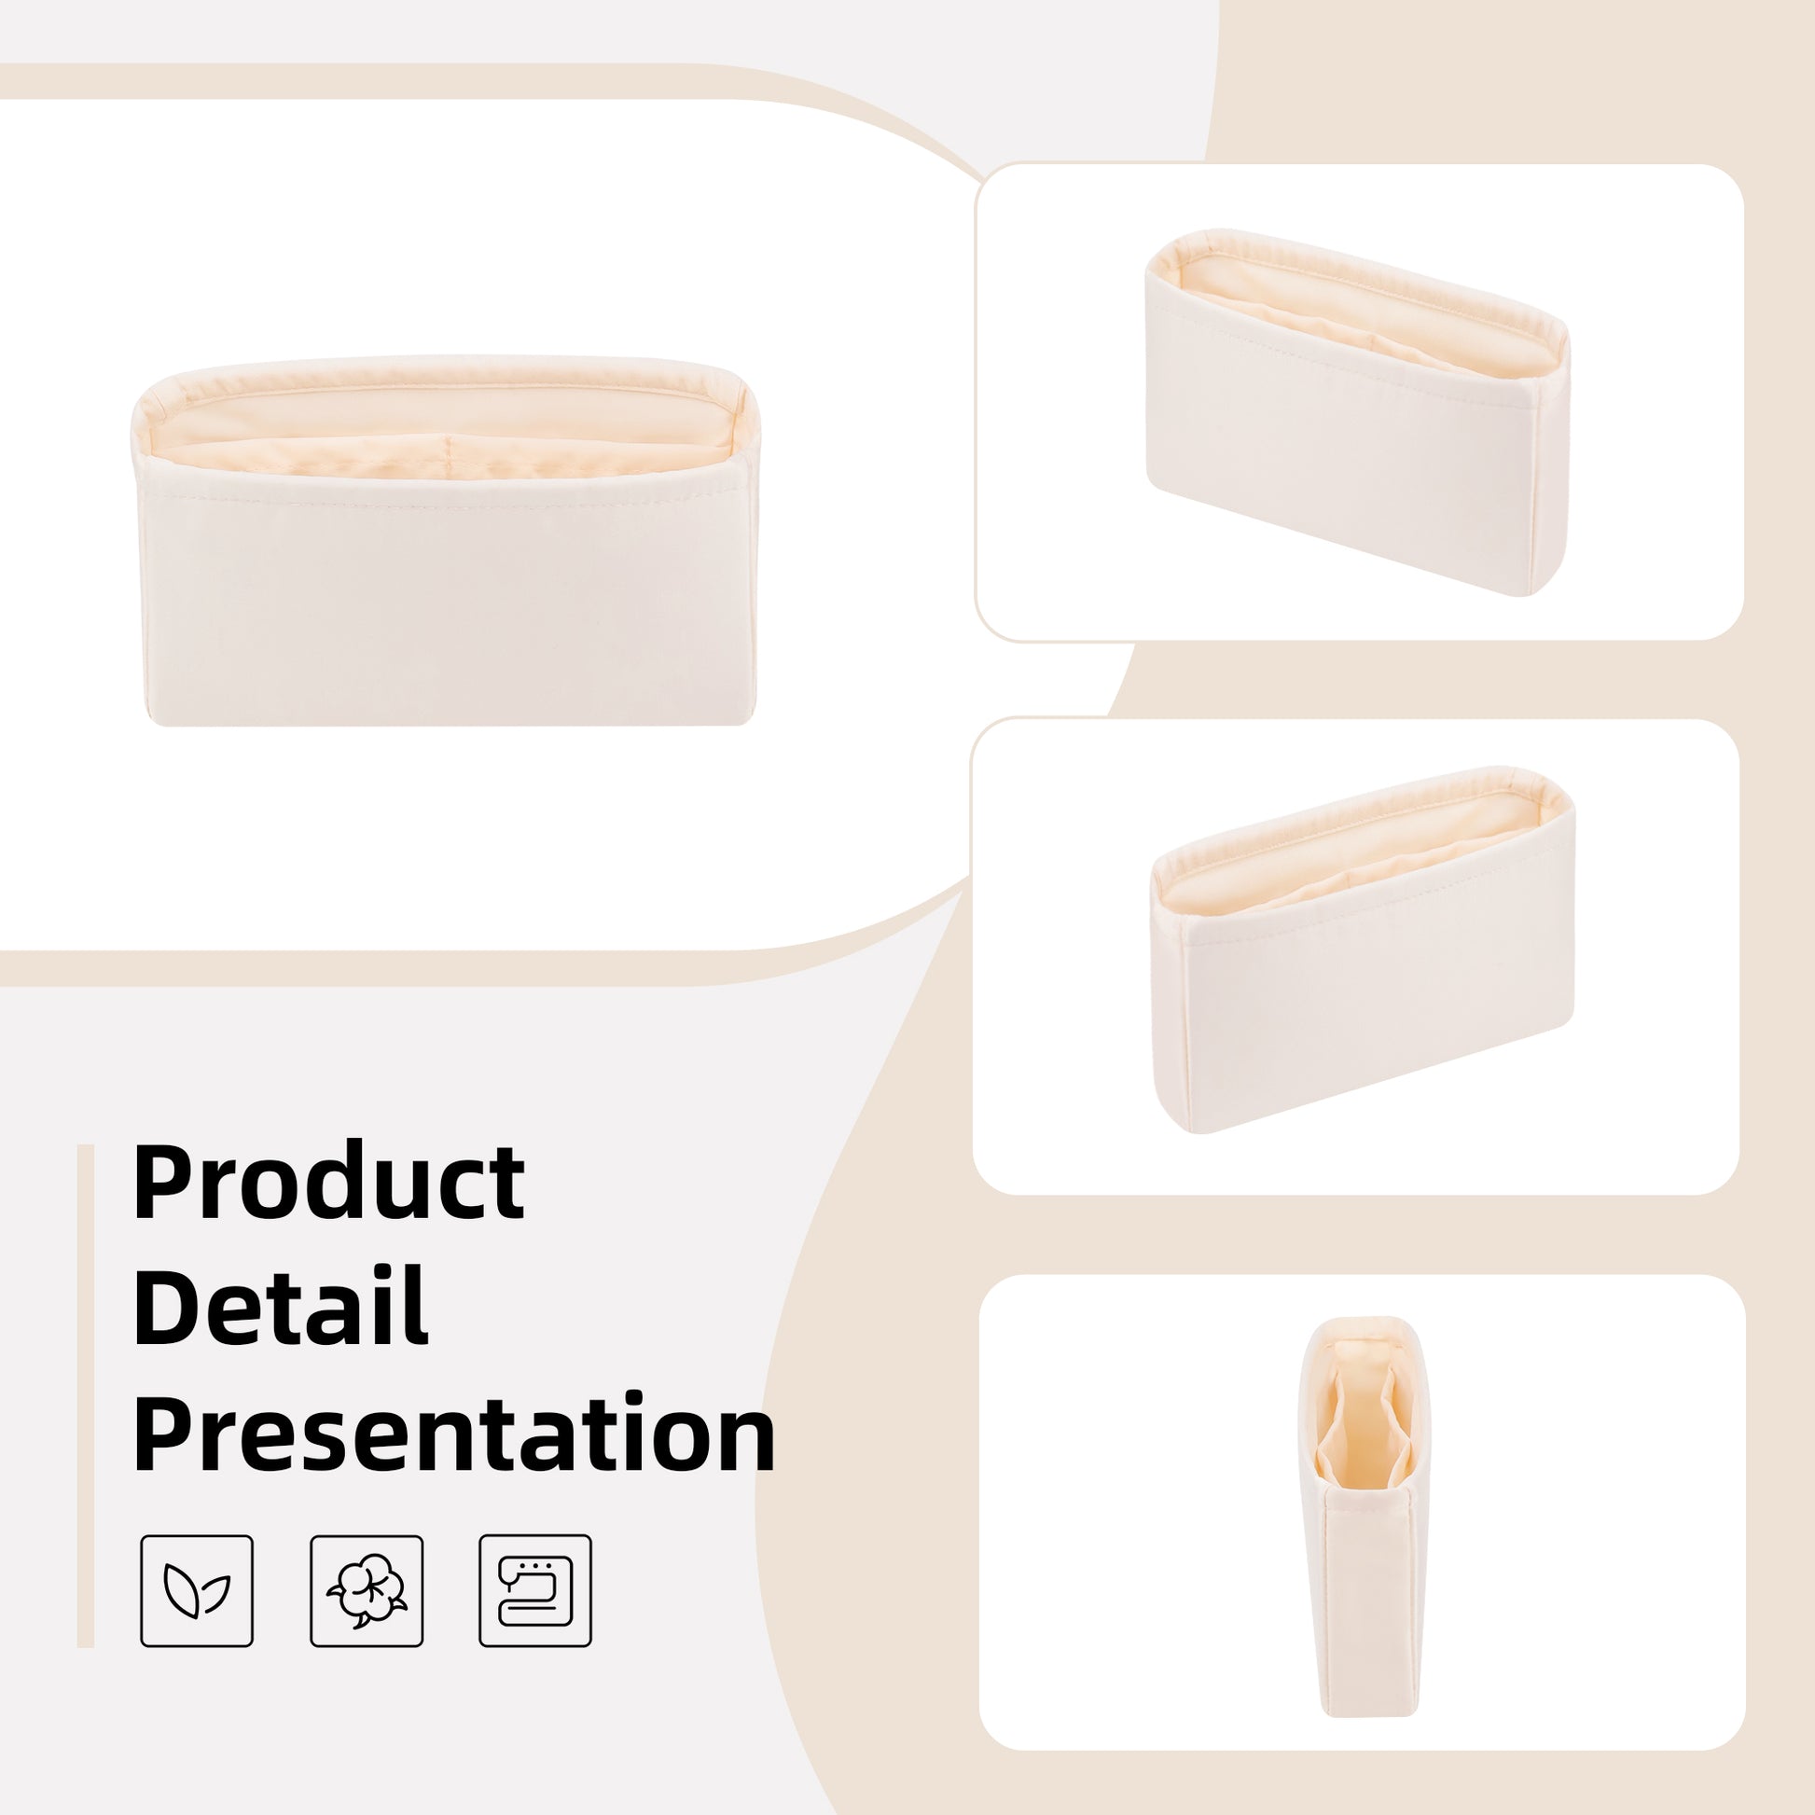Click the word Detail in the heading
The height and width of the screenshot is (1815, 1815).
click(x=281, y=1307)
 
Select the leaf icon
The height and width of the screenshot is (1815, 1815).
click(x=198, y=1590)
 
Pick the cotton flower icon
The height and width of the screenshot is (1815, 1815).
click(x=367, y=1590)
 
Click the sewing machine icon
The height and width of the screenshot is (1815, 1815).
click(x=535, y=1590)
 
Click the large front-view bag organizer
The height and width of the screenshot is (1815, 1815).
click(x=443, y=540)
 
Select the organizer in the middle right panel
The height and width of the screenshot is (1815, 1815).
click(x=1364, y=949)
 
